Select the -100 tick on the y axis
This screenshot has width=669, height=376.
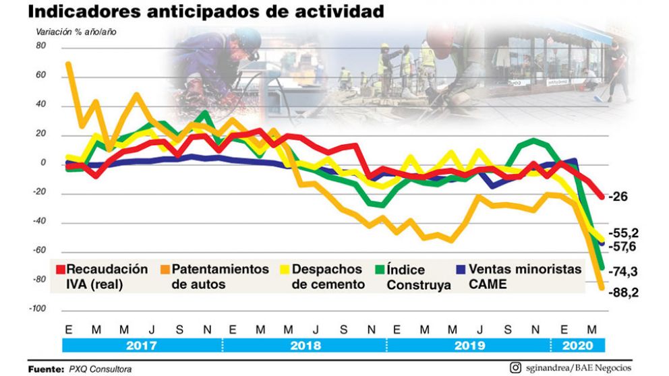[x=38, y=309]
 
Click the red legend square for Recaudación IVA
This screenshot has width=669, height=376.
[x=61, y=270]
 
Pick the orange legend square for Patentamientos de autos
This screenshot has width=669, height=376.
[x=164, y=270]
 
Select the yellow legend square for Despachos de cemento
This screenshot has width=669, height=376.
[x=284, y=270]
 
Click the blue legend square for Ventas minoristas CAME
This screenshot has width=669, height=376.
[x=460, y=270]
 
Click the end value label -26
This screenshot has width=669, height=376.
[x=618, y=197]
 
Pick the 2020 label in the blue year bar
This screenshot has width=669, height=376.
[x=578, y=346]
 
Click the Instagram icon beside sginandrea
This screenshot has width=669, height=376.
[x=515, y=367]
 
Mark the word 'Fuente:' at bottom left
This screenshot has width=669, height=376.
[x=46, y=369]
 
